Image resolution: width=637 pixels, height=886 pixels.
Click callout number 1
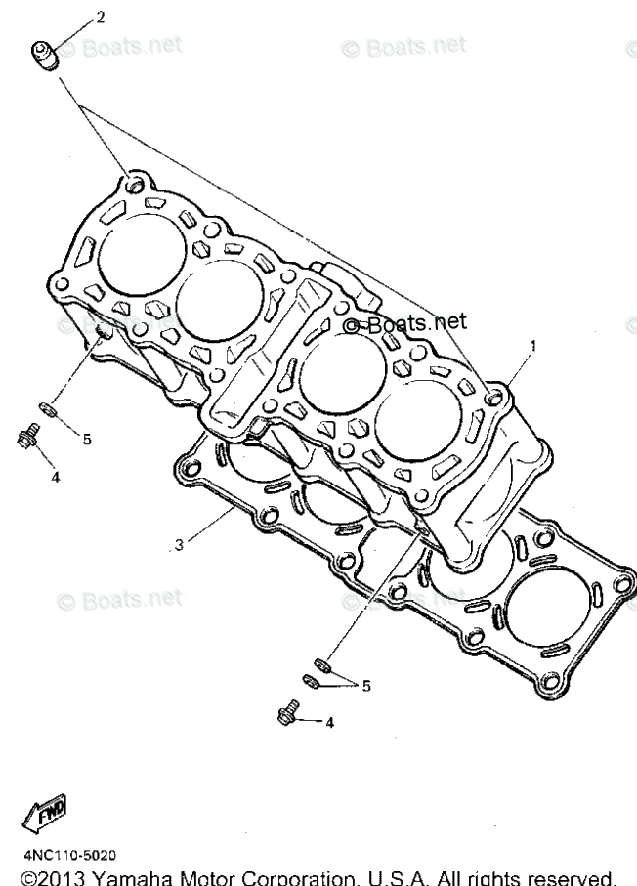[x=533, y=346]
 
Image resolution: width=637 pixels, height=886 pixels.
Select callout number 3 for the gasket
[x=179, y=544]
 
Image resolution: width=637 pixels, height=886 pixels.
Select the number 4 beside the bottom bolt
[x=330, y=723]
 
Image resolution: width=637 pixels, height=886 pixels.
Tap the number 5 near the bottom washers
[x=366, y=686]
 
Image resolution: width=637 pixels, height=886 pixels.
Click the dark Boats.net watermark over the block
[x=403, y=322]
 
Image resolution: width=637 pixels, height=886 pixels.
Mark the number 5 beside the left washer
[x=86, y=440]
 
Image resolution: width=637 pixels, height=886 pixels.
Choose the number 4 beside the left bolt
[x=55, y=478]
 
